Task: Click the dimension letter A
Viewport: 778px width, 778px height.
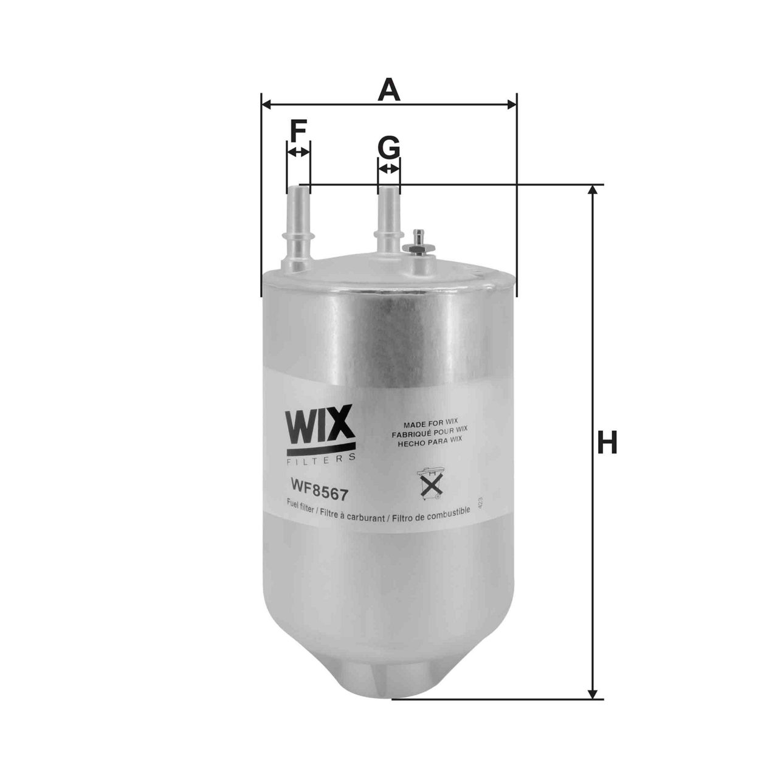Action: tap(389, 91)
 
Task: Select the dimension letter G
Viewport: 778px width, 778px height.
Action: tap(389, 146)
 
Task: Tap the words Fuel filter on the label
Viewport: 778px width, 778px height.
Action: tap(300, 503)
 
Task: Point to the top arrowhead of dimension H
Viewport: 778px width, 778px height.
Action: tap(593, 190)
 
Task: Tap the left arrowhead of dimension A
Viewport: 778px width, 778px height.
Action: tap(266, 105)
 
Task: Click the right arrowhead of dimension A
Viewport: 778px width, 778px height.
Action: tap(512, 105)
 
